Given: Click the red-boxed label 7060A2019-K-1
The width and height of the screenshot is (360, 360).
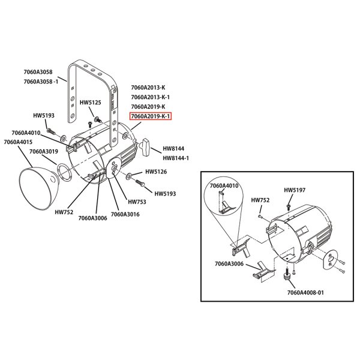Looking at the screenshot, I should (151, 116).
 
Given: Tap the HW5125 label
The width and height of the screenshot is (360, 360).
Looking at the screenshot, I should (91, 103).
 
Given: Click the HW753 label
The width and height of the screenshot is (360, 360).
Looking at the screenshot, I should (137, 202).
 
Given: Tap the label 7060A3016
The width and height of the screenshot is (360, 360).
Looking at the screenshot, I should (125, 214).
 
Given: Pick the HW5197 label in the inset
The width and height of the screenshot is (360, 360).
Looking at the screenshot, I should (295, 190).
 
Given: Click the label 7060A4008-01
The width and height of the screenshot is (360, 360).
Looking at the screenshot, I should (305, 292).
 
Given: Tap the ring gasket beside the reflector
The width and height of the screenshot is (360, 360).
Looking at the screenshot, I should (64, 175).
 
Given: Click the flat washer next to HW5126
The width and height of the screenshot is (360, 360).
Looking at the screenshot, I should (130, 177).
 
